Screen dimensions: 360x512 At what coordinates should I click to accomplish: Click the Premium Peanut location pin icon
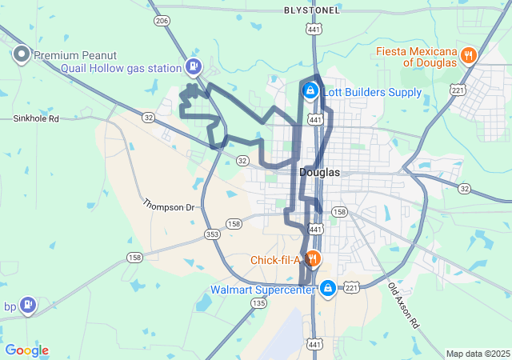[21, 55]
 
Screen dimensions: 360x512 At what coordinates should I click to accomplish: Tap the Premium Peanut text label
[76, 55]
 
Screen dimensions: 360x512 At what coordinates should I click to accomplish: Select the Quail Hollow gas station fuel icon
[194, 67]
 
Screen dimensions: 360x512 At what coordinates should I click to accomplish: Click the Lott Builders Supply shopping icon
[309, 92]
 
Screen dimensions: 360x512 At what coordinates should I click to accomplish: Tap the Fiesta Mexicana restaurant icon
[469, 55]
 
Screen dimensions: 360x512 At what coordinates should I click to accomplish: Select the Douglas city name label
[319, 172]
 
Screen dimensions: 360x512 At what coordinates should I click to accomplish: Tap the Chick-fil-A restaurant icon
[313, 259]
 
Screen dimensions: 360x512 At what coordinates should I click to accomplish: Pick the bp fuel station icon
[28, 306]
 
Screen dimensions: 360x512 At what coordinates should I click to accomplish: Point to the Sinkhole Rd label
[36, 118]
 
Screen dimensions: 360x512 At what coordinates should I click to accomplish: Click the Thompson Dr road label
[169, 206]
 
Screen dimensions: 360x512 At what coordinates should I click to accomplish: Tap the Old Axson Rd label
[403, 306]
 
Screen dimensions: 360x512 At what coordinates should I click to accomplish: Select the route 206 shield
[162, 21]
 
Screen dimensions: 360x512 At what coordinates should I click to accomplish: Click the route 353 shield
[212, 234]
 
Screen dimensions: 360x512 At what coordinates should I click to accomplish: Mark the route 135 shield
[258, 303]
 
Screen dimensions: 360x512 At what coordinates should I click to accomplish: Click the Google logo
[26, 350]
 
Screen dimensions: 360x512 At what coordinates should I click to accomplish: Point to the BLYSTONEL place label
[312, 10]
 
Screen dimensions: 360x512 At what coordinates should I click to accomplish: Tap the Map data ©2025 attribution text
[477, 354]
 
